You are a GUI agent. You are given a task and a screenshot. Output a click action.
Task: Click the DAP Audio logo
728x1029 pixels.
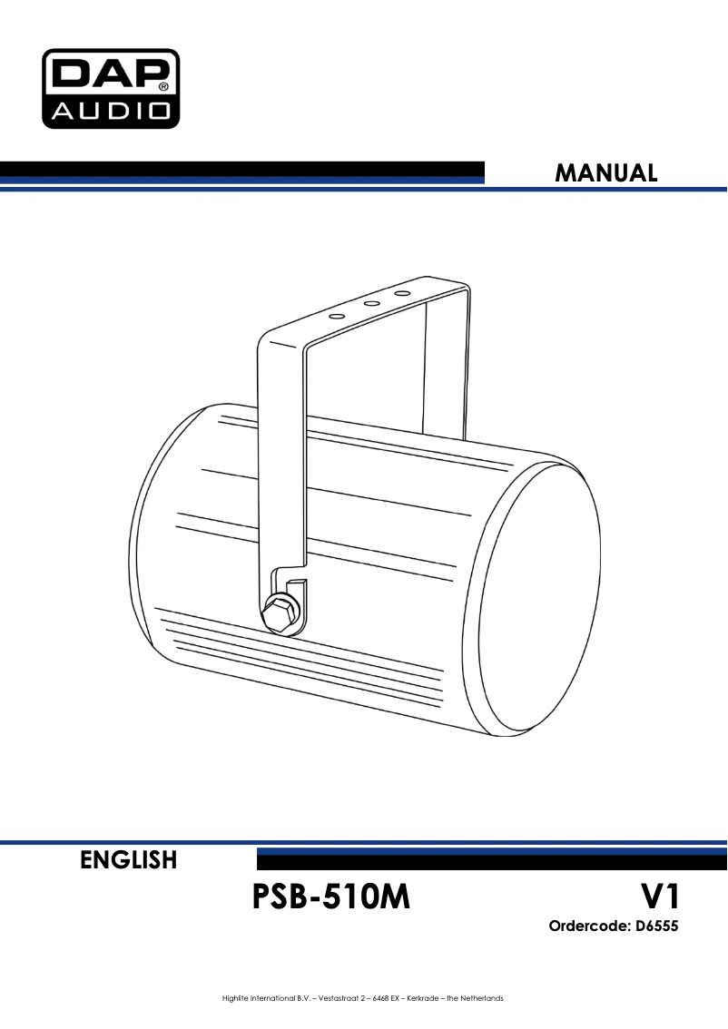click(111, 89)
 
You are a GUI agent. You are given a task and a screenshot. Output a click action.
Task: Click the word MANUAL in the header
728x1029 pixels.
click(605, 173)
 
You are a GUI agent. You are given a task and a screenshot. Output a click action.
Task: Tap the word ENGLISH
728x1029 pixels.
click(129, 859)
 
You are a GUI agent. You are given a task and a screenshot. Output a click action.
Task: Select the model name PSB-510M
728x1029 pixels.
click(330, 897)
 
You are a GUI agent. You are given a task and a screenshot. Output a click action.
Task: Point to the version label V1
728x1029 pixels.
click(660, 897)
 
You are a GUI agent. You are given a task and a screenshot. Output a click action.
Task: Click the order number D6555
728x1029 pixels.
click(656, 926)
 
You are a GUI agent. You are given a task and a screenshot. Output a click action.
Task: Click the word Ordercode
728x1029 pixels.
click(588, 926)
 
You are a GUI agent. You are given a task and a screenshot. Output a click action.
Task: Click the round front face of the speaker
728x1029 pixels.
click(532, 597)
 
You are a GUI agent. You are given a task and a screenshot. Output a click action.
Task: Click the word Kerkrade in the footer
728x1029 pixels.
click(423, 998)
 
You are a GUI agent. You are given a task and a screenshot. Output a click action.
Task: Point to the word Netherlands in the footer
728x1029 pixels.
click(482, 998)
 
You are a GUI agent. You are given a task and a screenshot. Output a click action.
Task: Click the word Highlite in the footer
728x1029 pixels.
click(234, 998)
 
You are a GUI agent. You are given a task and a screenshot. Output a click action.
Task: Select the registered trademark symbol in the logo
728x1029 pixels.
click(163, 86)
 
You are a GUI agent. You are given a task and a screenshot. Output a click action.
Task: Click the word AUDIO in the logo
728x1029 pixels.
click(110, 110)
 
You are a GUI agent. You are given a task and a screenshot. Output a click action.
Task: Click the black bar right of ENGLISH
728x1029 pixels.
click(492, 859)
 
